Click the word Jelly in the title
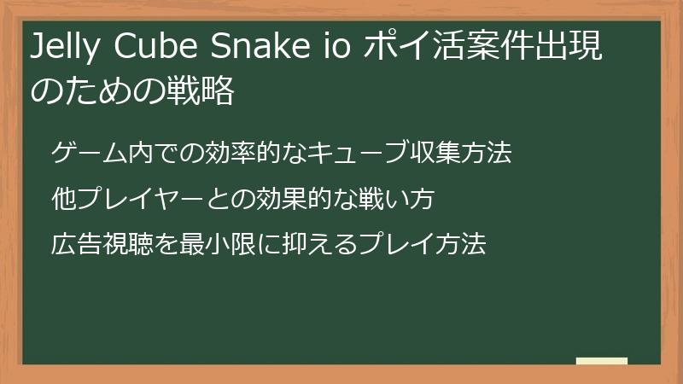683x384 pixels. click(x=65, y=50)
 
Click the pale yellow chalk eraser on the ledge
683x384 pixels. click(x=602, y=362)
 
